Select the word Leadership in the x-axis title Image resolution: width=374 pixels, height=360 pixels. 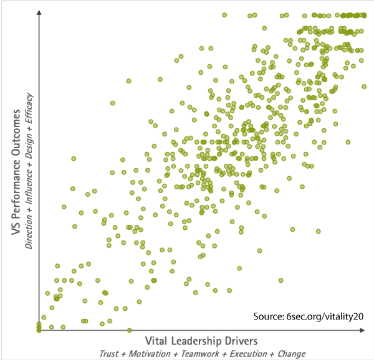tap(198, 341)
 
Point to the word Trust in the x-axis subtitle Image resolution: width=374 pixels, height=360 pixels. tap(110, 354)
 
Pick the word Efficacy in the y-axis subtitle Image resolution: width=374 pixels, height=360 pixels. tap(29, 106)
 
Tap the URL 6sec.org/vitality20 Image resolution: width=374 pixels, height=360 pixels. tap(327, 316)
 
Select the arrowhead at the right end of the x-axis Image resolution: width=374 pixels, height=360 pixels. tap(367, 330)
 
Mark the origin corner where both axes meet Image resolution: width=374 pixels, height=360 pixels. tap(39, 330)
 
